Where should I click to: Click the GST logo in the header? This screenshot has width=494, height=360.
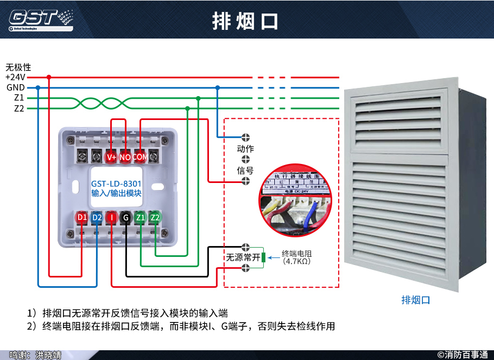pyautogui.click(x=41, y=19)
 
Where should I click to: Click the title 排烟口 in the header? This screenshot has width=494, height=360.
pyautogui.click(x=245, y=21)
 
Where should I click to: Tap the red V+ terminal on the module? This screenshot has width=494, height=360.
pyautogui.click(x=112, y=157)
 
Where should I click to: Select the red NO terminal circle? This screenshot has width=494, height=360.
pyautogui.click(x=125, y=157)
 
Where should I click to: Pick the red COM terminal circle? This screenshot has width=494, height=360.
pyautogui.click(x=140, y=157)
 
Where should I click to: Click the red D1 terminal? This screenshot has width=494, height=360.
pyautogui.click(x=82, y=218)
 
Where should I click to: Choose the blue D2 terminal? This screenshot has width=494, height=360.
pyautogui.click(x=97, y=218)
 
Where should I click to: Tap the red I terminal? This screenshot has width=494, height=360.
pyautogui.click(x=111, y=218)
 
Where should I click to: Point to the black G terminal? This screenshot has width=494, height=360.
pyautogui.click(x=126, y=218)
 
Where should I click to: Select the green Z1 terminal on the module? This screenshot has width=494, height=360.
pyautogui.click(x=141, y=218)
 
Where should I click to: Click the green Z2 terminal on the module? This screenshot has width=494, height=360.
pyautogui.click(x=155, y=218)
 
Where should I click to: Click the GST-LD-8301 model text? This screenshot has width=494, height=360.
pyautogui.click(x=116, y=184)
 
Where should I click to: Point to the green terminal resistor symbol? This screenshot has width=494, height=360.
pyautogui.click(x=263, y=257)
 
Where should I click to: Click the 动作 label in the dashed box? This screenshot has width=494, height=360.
pyautogui.click(x=245, y=148)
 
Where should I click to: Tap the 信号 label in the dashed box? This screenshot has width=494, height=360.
pyautogui.click(x=245, y=170)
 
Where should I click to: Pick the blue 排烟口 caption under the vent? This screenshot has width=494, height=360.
pyautogui.click(x=415, y=300)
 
